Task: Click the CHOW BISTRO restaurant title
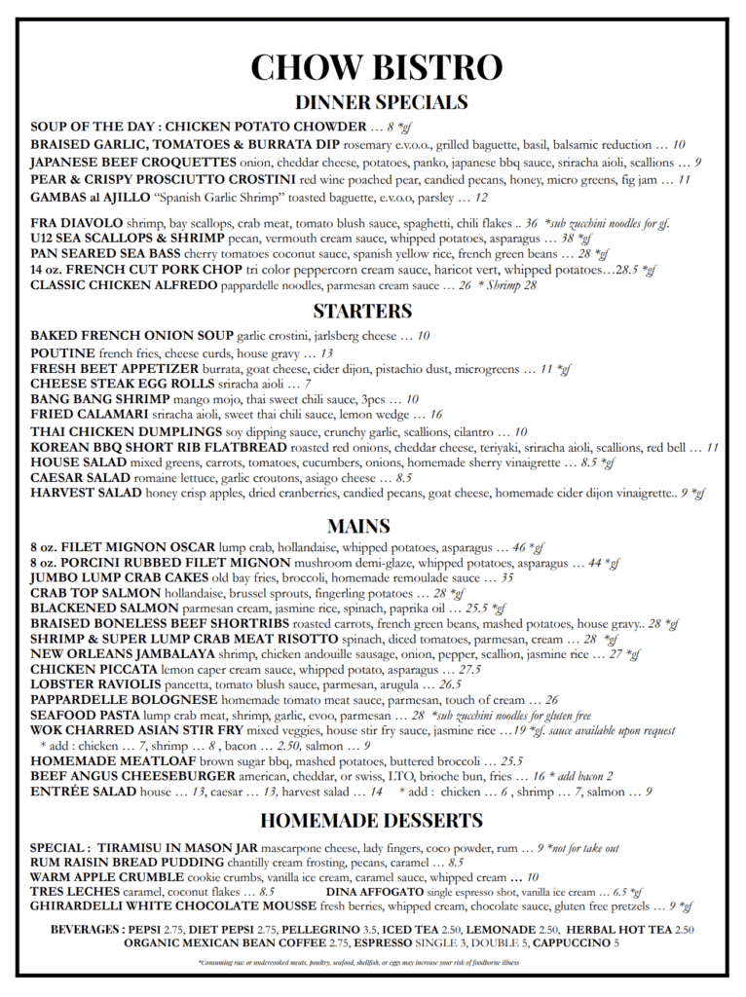click(x=376, y=66)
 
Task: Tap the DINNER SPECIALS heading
click(x=381, y=102)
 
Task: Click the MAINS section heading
click(x=358, y=526)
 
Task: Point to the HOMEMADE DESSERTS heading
click(x=371, y=819)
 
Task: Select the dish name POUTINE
click(x=62, y=352)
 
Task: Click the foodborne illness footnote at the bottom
click(x=357, y=962)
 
